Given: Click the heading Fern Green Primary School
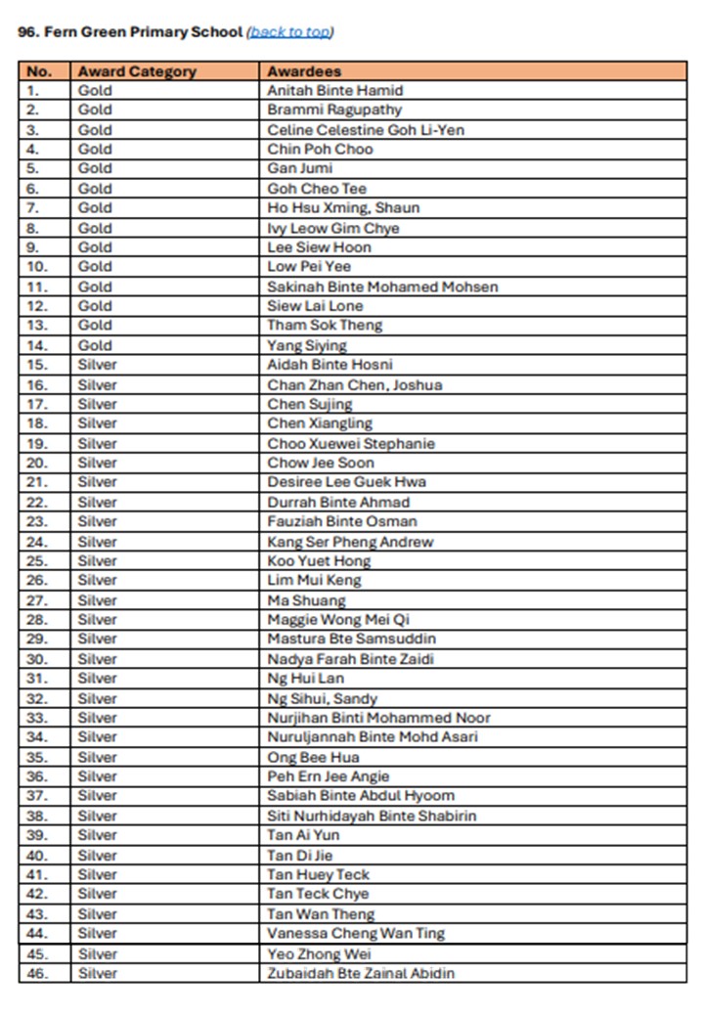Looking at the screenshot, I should [130, 31].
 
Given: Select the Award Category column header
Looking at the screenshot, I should [137, 71].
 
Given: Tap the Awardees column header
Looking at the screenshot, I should [304, 71].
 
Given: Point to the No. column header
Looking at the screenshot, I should [39, 71].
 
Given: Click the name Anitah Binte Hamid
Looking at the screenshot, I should [334, 91].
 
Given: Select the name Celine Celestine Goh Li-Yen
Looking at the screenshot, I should [366, 130].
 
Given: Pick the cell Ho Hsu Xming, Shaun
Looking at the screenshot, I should [343, 208].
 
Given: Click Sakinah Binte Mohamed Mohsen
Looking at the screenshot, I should [382, 287].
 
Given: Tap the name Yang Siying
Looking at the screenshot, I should [307, 345].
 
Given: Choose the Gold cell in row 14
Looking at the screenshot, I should [95, 345].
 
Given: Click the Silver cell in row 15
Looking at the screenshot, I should [97, 365].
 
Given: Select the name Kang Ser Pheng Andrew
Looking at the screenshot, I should [350, 542].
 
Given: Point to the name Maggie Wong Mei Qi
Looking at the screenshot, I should [338, 620].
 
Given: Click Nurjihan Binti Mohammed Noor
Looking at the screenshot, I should [378, 718].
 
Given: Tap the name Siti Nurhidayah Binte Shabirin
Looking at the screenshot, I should [372, 816].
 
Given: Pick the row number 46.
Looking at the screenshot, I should [37, 973].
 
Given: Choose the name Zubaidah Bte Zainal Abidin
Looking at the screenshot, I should [361, 973].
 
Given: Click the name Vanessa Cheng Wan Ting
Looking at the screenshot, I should [356, 933].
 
